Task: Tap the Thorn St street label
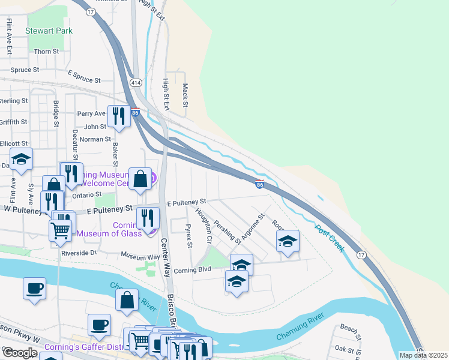coord(46,52)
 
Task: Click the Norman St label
coord(91,139)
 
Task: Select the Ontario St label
coord(88,195)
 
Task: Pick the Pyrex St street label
coord(188,236)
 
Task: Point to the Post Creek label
coord(330,239)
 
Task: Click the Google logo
coord(20,353)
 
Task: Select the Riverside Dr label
coord(79,253)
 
